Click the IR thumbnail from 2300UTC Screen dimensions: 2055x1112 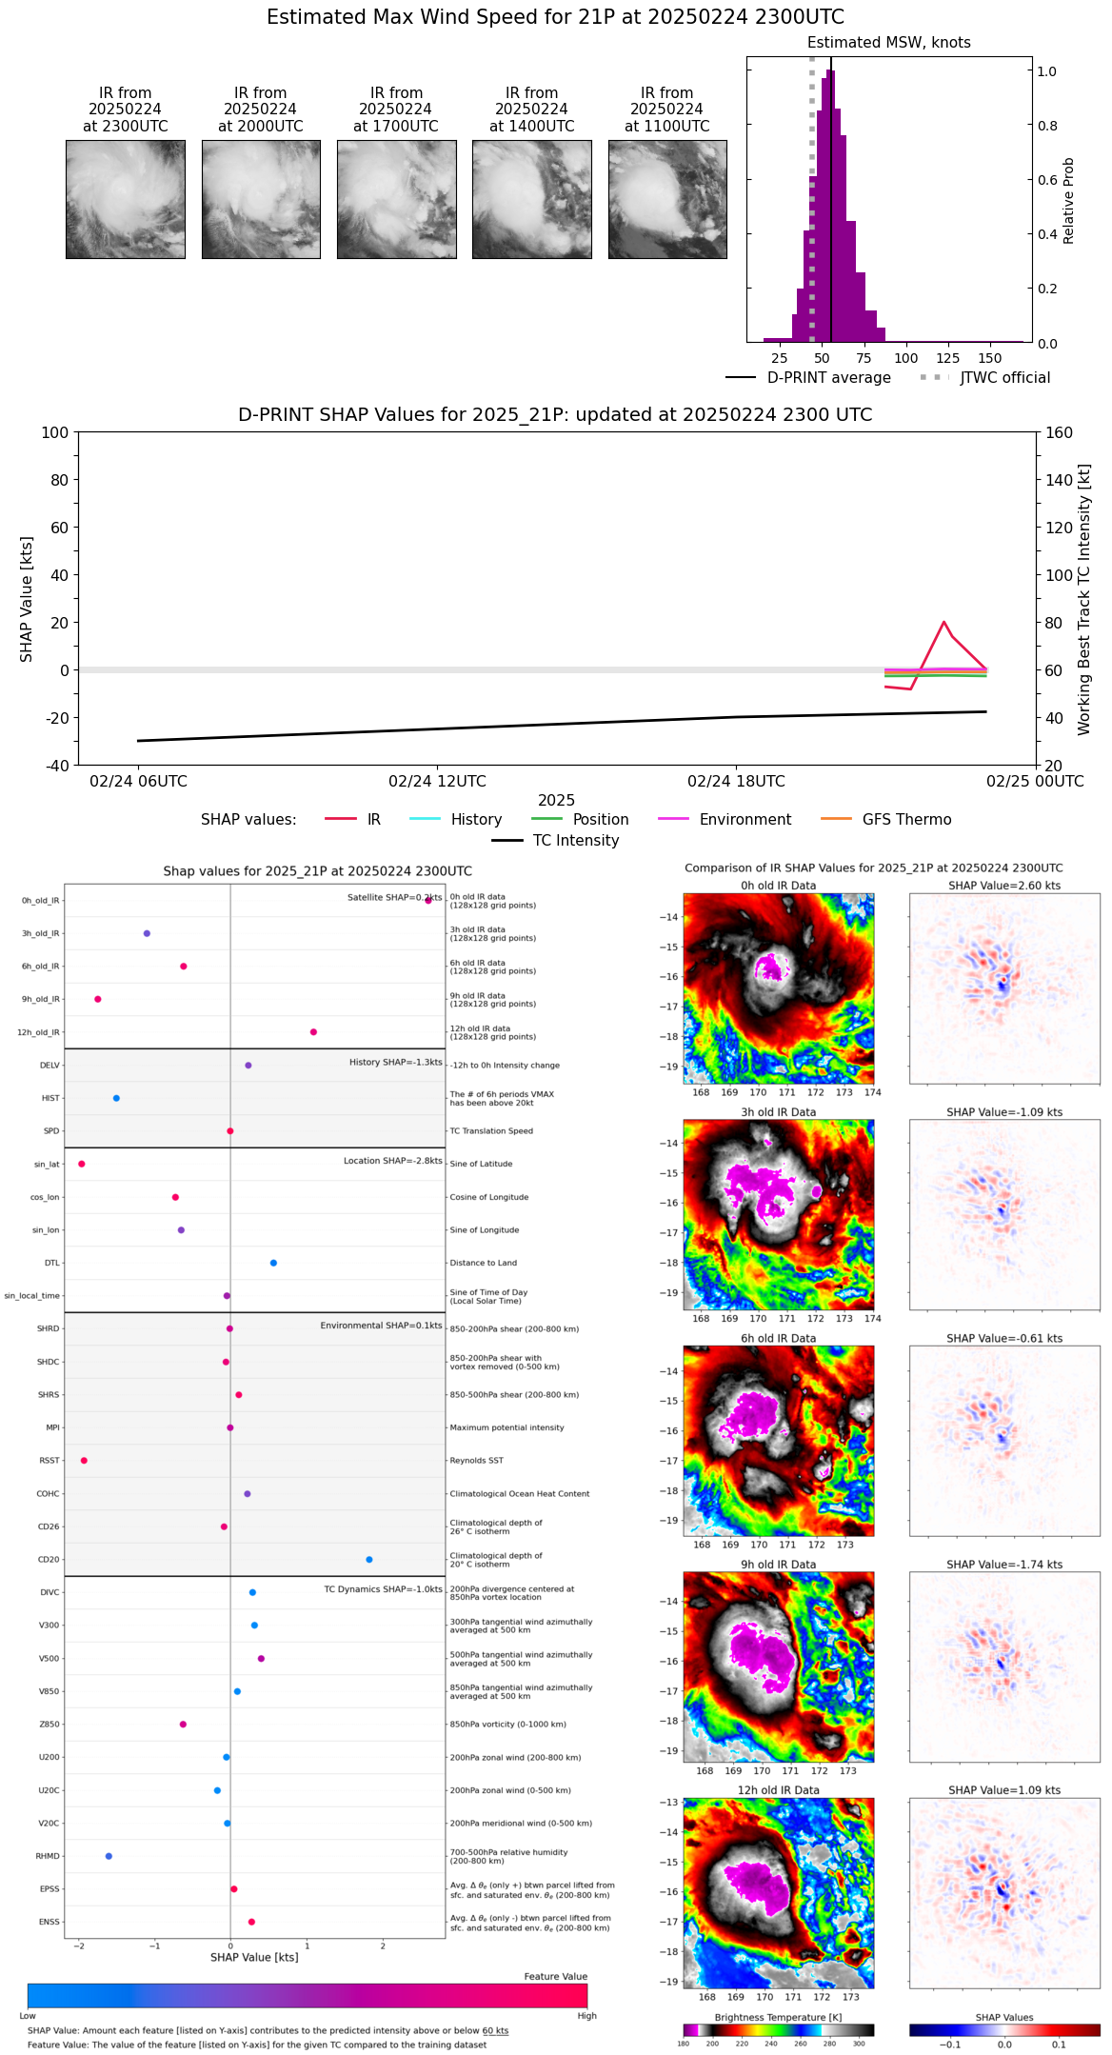pyautogui.click(x=126, y=199)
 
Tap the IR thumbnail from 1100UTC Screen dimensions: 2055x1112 pyautogui.click(x=667, y=199)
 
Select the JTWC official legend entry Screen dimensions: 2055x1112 pyautogui.click(x=1004, y=378)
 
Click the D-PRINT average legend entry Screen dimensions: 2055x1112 pyautogui.click(x=828, y=378)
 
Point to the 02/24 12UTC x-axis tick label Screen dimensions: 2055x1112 pyautogui.click(x=437, y=782)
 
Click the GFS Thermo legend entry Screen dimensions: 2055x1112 pyautogui.click(x=906, y=820)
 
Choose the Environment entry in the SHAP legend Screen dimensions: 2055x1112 pyautogui.click(x=745, y=820)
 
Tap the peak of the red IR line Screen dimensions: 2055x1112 pyautogui.click(x=943, y=622)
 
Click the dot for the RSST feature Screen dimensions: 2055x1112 pyautogui.click(x=84, y=1461)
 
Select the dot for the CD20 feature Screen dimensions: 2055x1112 pyautogui.click(x=369, y=1560)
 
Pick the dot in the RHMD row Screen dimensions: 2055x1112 pyautogui.click(x=109, y=1856)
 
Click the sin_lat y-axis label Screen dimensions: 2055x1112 pyautogui.click(x=47, y=1165)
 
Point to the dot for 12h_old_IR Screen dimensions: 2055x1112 pyautogui.click(x=313, y=1032)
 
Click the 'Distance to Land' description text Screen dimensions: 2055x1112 pyautogui.click(x=483, y=1264)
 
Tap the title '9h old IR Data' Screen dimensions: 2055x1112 pyautogui.click(x=778, y=1565)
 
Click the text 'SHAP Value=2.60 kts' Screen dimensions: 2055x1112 pyautogui.click(x=1004, y=886)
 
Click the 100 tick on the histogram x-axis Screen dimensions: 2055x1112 pyautogui.click(x=906, y=359)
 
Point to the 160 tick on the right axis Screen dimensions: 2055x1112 pyautogui.click(x=1060, y=433)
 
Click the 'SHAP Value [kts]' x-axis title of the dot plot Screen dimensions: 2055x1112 pyautogui.click(x=254, y=1958)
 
